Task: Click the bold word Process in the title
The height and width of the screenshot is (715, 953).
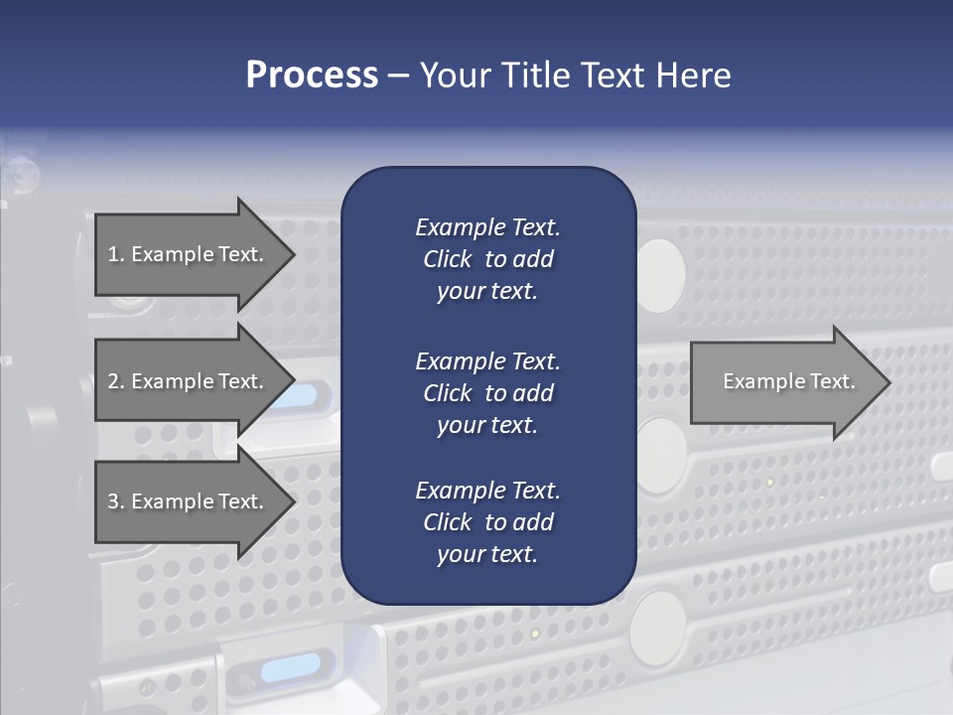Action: point(312,75)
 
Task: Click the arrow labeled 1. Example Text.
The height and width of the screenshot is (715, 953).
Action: point(189,254)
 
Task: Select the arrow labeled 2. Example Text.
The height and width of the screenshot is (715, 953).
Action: point(189,381)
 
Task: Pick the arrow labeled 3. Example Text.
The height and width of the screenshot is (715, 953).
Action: point(189,501)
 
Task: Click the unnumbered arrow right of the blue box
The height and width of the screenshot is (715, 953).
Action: point(784,381)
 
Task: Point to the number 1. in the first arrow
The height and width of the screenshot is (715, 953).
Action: point(116,254)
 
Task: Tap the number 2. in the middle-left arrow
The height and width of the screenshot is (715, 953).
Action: point(116,381)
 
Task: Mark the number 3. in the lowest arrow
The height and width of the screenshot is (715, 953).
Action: point(116,501)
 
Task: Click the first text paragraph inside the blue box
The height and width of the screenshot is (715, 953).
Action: point(487,259)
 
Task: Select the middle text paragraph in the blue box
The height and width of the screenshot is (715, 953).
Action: point(487,393)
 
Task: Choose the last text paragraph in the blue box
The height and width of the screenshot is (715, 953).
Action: point(487,522)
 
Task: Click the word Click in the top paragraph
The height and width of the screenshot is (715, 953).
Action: point(447,259)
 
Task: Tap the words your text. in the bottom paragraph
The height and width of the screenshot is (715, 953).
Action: point(487,554)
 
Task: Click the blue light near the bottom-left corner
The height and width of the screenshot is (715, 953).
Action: point(290,666)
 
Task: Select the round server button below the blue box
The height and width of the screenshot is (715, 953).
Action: point(657,627)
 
